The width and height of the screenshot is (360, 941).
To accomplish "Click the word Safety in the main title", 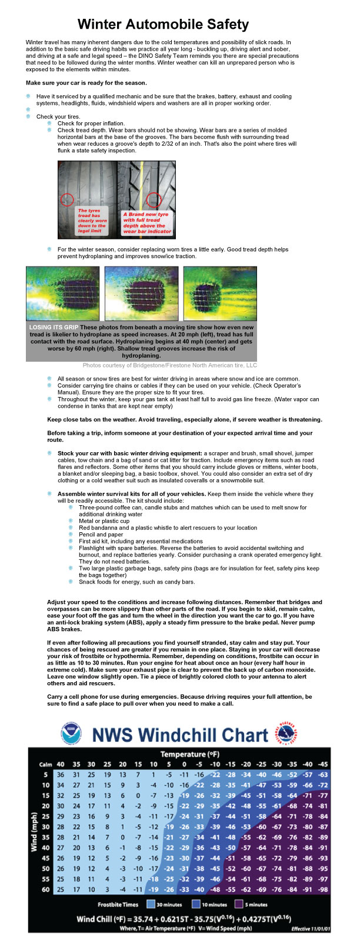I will click(x=224, y=25).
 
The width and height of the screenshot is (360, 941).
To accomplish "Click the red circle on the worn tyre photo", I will click(x=67, y=199).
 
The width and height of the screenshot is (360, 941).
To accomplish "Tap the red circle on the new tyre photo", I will click(x=154, y=199).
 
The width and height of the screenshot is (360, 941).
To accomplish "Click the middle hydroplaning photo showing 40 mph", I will click(x=141, y=293).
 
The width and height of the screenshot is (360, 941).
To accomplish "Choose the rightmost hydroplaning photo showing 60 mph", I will click(x=220, y=293).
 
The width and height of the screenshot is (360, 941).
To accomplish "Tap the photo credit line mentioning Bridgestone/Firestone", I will click(x=169, y=365).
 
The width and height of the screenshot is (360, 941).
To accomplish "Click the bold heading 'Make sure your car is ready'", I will click(x=86, y=83).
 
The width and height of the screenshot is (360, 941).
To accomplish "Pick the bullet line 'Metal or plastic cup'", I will click(x=104, y=520).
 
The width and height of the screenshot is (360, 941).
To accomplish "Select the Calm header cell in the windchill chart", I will click(x=45, y=765).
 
